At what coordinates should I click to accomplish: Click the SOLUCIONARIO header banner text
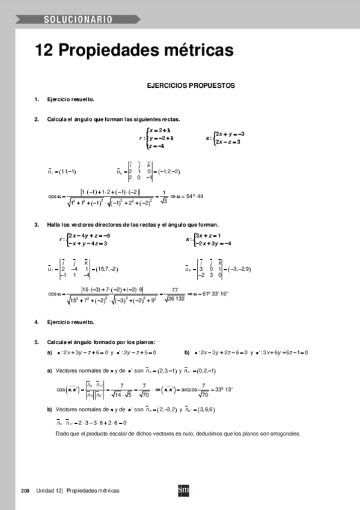78,20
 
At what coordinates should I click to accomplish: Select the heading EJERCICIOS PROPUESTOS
191,86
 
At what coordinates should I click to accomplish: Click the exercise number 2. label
37,119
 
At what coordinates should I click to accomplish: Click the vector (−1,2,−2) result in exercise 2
166,171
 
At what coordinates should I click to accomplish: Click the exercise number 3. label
37,224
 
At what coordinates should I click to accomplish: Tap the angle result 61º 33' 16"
213,293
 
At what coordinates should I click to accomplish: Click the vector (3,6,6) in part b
204,409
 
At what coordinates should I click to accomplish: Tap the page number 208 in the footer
25,490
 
